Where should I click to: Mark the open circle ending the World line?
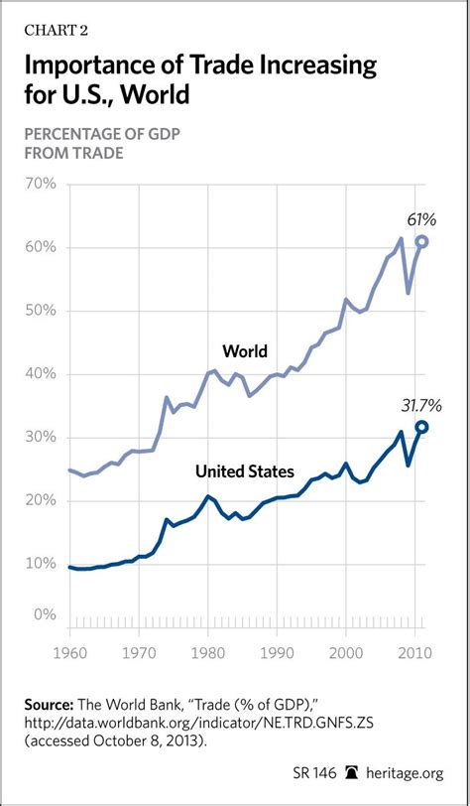422,241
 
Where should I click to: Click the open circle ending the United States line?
422,427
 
